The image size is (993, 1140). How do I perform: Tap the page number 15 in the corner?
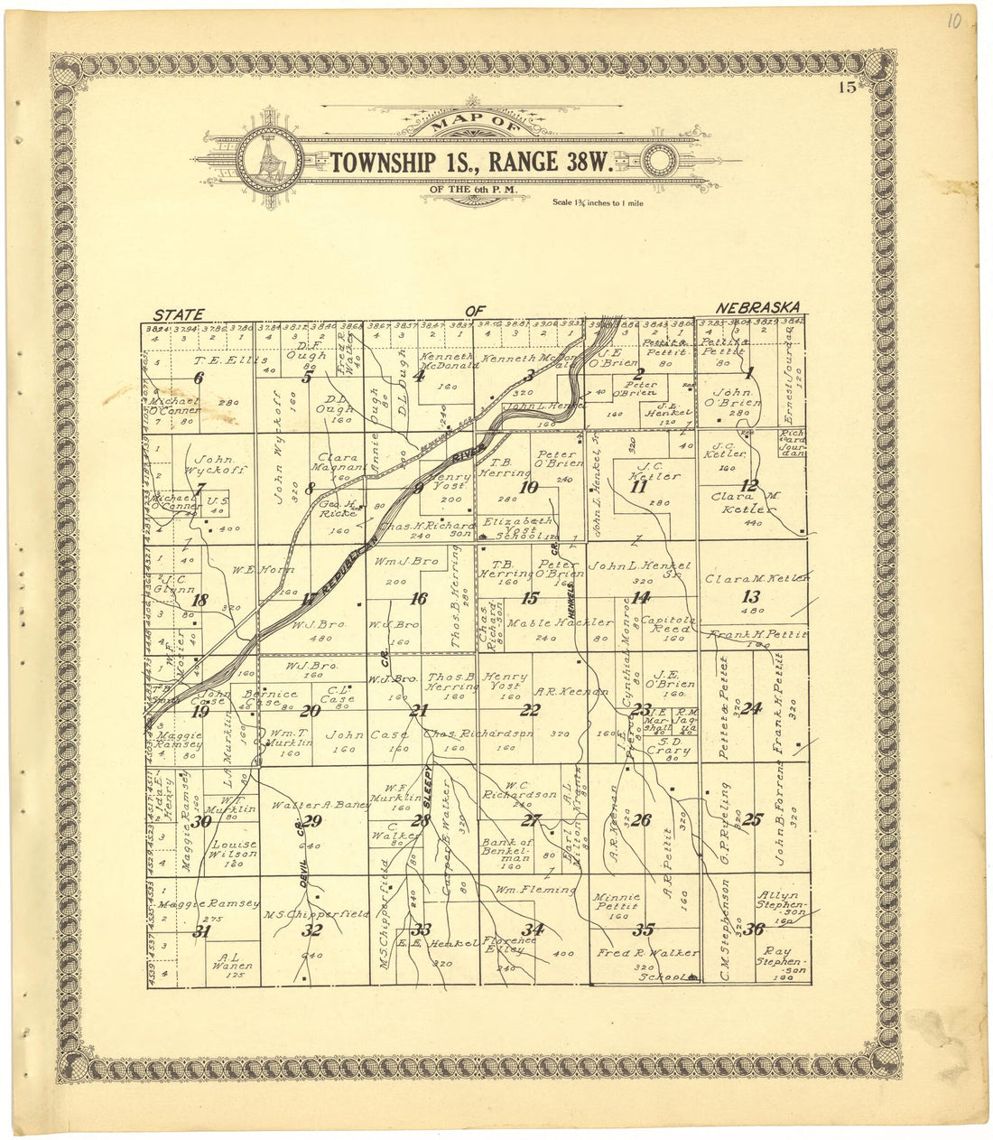pos(846,88)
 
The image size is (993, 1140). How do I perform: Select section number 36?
pos(755,928)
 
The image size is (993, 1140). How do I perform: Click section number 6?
pos(199,379)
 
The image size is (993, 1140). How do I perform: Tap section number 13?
pos(750,596)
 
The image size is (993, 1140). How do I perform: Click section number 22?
pos(529,710)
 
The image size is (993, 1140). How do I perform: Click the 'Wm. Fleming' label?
pos(534,890)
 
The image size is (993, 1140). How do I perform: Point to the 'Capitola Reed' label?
pos(667,626)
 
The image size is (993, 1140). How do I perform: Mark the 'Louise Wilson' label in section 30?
pos(233,850)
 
